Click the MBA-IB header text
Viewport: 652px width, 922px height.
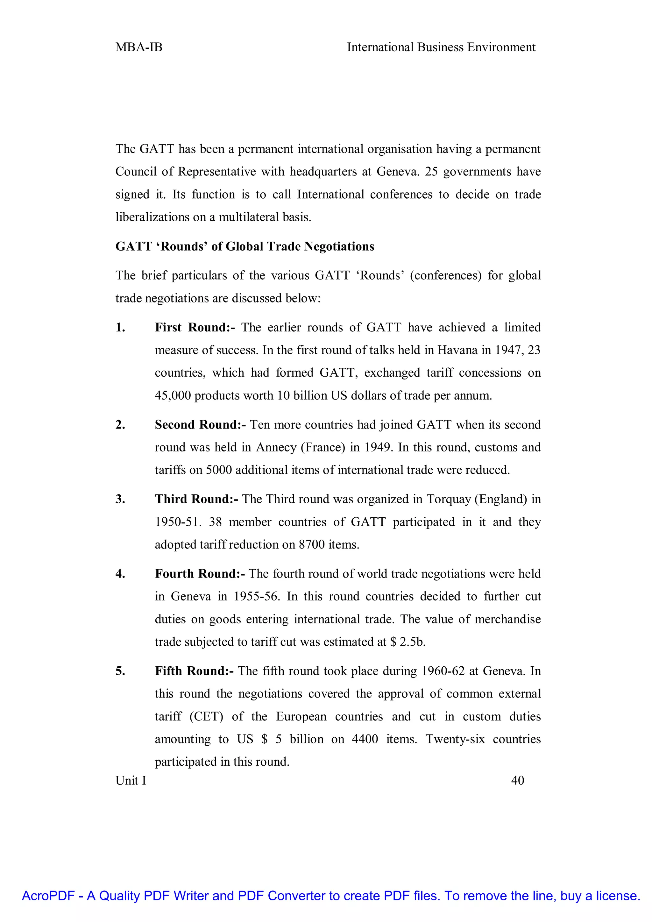point(139,47)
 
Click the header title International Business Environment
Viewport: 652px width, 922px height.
point(441,47)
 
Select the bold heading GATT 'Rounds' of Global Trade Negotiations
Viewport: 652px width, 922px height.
point(244,246)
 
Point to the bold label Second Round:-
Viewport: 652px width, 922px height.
point(200,424)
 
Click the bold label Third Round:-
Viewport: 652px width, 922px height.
point(196,499)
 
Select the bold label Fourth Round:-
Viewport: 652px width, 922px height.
point(200,573)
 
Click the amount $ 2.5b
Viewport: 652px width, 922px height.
point(407,642)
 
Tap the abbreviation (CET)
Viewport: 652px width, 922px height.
point(206,716)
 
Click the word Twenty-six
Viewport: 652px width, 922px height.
point(455,739)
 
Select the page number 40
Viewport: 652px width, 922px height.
point(518,780)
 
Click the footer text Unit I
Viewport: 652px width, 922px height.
point(131,780)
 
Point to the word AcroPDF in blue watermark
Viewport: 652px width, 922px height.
point(48,896)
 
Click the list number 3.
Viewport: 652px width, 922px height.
point(120,499)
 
